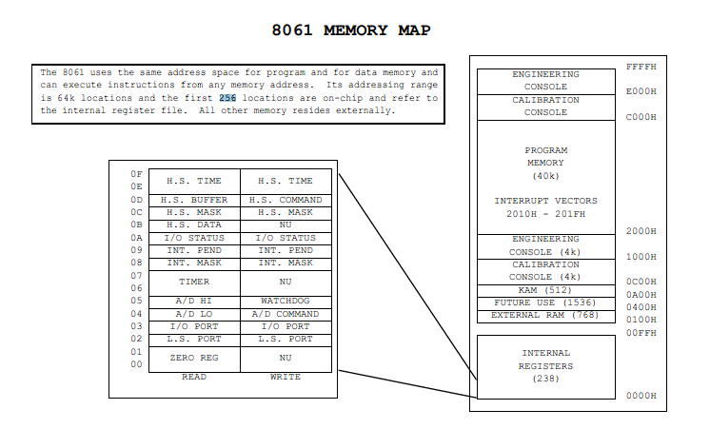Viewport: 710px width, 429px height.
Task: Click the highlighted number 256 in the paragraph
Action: coord(227,98)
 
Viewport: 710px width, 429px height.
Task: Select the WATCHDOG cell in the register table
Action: coord(286,301)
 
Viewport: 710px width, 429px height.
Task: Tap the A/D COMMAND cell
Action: coord(286,313)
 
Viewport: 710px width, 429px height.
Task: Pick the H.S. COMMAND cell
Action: coord(286,200)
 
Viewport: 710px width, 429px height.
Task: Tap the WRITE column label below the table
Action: coord(286,377)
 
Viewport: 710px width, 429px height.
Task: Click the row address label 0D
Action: coord(136,200)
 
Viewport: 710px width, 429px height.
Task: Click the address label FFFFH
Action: coord(641,67)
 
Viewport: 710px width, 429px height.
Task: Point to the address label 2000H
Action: coord(641,231)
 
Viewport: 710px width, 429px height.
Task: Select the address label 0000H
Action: coord(641,396)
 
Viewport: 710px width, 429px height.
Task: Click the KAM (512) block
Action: coord(545,290)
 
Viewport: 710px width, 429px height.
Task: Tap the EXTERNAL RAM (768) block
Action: coord(545,315)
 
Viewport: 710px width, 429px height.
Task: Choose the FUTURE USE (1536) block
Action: coord(545,302)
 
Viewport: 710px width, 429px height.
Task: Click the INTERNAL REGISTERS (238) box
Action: coord(545,366)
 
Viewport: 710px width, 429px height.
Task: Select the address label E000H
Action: coord(641,92)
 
